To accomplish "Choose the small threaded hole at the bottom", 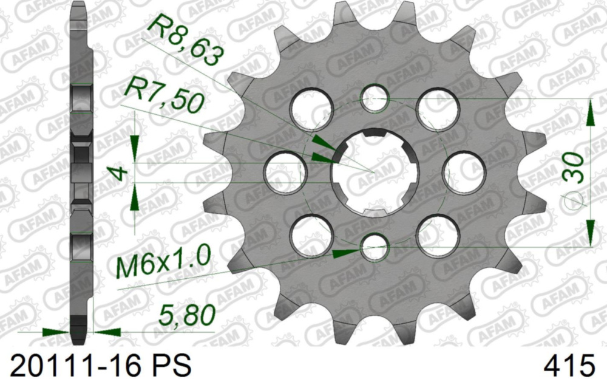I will pos(374,247).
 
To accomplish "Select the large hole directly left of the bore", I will pos(284,171).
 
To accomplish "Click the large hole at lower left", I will pos(311,235).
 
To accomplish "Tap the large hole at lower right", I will pos(438,235).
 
